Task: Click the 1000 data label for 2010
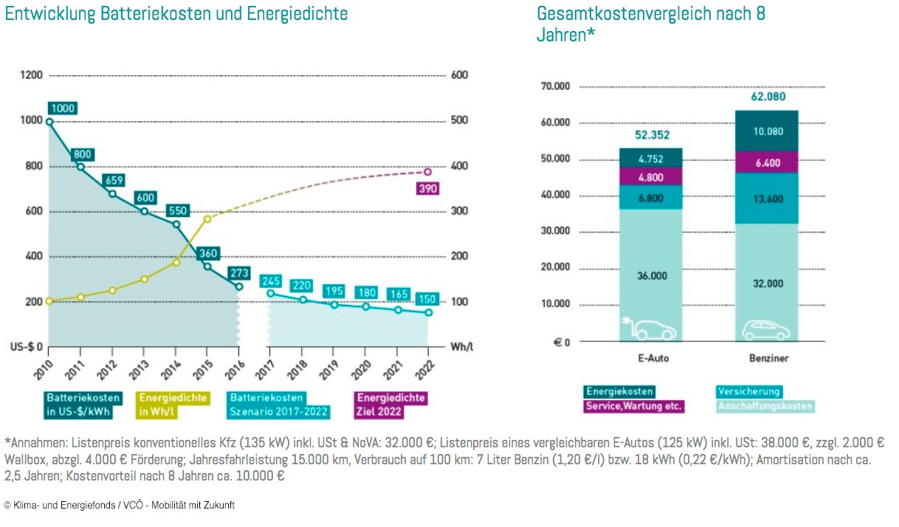click(x=63, y=108)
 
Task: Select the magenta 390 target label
click(x=427, y=188)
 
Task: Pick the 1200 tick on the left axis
click(x=32, y=75)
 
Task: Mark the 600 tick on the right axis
click(x=460, y=75)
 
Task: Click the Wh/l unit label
click(x=461, y=347)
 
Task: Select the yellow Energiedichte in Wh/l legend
click(x=173, y=404)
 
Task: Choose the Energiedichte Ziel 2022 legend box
click(x=391, y=404)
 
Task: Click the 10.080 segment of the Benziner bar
click(x=767, y=131)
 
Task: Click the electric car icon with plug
click(x=647, y=328)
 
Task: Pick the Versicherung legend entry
click(x=748, y=392)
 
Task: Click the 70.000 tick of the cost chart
click(x=555, y=86)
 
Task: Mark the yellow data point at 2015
click(x=207, y=218)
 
